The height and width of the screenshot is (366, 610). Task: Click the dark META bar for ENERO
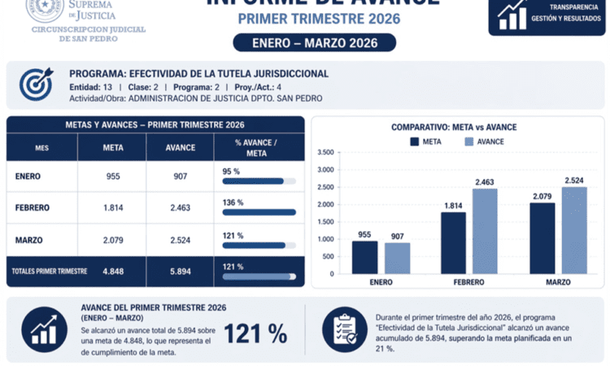[364, 257]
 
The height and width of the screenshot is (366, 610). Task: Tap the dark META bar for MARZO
[543, 238]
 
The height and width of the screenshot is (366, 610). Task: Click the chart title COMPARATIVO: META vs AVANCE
[453, 127]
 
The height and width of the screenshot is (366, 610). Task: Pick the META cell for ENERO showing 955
[114, 176]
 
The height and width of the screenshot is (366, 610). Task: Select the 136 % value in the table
[233, 203]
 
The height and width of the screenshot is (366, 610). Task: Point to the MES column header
[41, 148]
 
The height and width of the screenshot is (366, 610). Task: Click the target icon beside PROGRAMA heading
[35, 84]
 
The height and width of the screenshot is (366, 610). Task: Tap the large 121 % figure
[255, 333]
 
